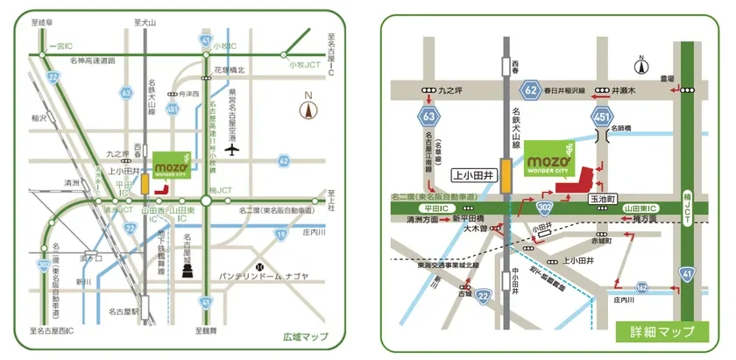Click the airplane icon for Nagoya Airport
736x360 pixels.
pyautogui.click(x=231, y=148)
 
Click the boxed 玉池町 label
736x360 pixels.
pyautogui.click(x=605, y=201)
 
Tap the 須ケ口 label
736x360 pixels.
pyautogui.click(x=91, y=259)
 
